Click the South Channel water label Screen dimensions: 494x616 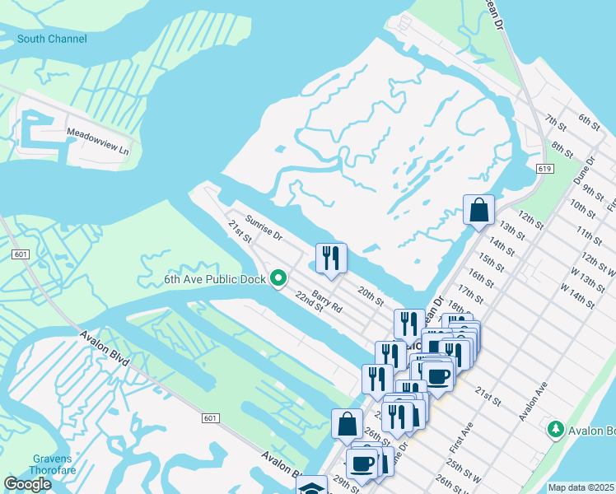51,39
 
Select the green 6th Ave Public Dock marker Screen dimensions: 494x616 278,279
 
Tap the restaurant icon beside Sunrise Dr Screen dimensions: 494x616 331,259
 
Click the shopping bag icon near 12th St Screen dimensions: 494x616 478,210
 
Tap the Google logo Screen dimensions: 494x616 27,484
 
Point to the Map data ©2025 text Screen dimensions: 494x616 581,487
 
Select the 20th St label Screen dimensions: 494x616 371,296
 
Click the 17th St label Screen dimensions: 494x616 470,292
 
